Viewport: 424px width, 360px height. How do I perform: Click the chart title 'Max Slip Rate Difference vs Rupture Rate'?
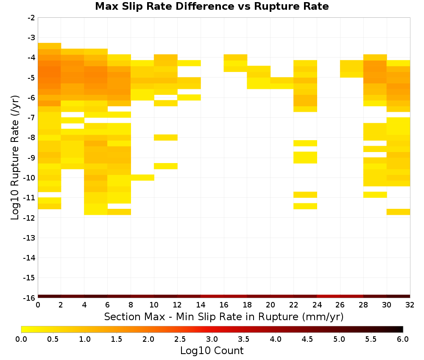212,6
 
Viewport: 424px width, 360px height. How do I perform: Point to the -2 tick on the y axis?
31,18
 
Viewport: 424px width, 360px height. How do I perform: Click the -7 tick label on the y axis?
31,117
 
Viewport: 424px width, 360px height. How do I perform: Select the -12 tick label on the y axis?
30,217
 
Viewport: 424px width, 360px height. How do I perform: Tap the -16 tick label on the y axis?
30,298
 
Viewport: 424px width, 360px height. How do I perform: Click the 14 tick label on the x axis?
201,305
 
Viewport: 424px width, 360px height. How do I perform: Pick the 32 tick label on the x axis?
410,305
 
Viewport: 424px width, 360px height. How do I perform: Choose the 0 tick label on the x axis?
38,305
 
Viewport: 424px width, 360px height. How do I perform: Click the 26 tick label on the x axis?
340,305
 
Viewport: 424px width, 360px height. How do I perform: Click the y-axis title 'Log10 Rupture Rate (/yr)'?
15,158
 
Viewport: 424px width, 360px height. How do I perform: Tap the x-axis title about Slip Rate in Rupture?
224,316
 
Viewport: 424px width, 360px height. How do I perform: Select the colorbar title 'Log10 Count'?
212,351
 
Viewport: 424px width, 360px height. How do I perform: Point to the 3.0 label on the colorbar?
212,339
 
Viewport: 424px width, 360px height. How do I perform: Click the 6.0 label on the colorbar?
403,339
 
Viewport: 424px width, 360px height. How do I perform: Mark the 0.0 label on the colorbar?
21,339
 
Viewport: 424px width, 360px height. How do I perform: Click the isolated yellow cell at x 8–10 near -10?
142,177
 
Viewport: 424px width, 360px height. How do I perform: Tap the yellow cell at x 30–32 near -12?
398,212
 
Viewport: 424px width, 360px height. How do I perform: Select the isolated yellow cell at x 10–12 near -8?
166,138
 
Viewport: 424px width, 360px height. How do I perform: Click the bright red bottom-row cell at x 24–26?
329,296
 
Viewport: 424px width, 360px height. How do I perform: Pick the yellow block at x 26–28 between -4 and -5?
352,69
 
